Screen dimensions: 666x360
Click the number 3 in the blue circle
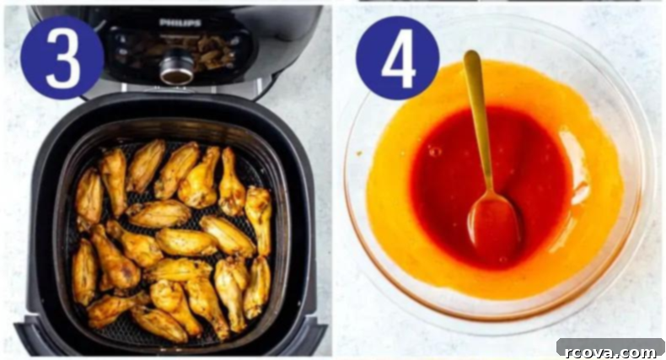click(63, 57)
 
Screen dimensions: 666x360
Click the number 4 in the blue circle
click(398, 58)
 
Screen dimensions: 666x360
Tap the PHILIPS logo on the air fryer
click(180, 23)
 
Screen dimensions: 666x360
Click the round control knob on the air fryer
click(177, 68)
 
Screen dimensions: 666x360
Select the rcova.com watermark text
click(610, 352)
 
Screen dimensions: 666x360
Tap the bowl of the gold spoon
click(493, 222)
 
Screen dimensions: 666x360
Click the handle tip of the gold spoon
click(471, 54)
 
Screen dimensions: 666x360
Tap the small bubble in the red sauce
click(433, 151)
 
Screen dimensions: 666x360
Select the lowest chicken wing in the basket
click(158, 325)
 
